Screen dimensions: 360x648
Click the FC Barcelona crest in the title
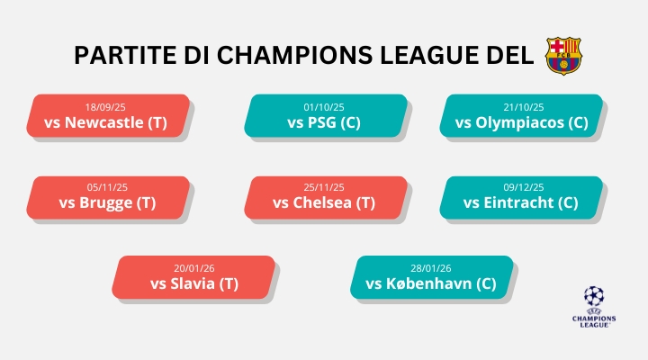[564, 55]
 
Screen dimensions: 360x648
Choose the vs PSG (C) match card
[323, 115]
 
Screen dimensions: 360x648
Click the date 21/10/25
[525, 105]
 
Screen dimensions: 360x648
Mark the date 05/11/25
[108, 187]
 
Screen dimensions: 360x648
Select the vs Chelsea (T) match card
[323, 197]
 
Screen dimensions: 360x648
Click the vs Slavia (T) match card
[194, 277]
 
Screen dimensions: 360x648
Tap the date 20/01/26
[194, 268]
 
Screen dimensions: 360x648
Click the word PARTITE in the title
[120, 55]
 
